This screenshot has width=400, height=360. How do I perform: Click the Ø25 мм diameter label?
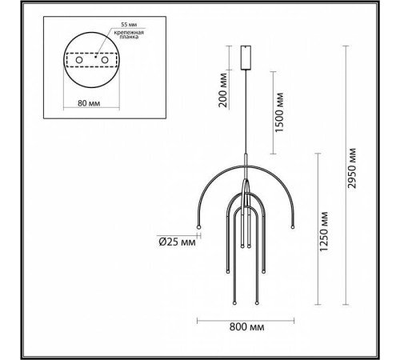coord(178,241)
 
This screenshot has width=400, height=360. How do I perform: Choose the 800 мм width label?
coord(246,327)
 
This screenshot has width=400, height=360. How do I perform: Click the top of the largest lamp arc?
coord(246,166)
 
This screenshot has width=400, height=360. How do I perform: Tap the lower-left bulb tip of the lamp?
coord(233,304)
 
